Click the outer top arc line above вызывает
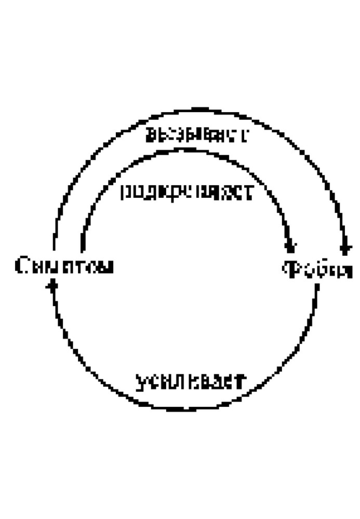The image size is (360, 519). (x=197, y=110)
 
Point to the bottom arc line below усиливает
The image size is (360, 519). (x=187, y=408)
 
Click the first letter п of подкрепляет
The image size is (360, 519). (x=126, y=193)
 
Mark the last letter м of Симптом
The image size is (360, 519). (x=106, y=267)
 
